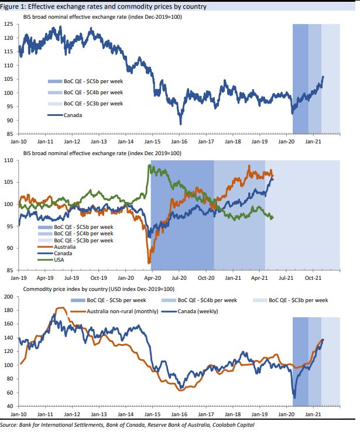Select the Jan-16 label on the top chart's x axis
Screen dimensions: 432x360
(x=179, y=141)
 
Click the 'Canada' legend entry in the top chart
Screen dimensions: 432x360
(x=73, y=115)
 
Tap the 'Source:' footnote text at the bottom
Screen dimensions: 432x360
(x=10, y=425)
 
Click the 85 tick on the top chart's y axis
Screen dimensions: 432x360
(x=10, y=134)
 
